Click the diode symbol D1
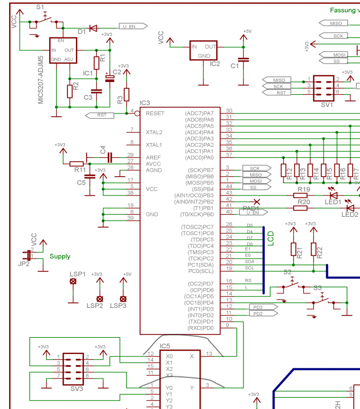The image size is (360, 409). click(x=93, y=28)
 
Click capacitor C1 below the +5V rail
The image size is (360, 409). click(x=244, y=59)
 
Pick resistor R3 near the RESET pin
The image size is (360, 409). click(x=127, y=95)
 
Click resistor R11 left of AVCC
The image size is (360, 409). click(x=77, y=163)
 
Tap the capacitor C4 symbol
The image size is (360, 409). click(x=109, y=157)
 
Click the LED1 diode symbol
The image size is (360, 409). click(x=333, y=196)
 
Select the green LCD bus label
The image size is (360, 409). click(x=271, y=238)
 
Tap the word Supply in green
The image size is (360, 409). click(x=60, y=256)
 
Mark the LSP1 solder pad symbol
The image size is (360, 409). click(x=73, y=281)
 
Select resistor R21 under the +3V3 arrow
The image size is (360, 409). click(x=293, y=249)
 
